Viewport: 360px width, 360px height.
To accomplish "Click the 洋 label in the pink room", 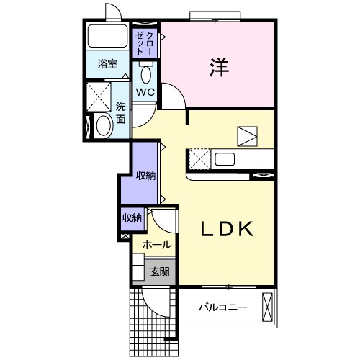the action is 219,67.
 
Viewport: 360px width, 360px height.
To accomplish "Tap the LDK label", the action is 227,229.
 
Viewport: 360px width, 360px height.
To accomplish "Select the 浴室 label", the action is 107,64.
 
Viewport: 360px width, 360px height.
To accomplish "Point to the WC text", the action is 145,91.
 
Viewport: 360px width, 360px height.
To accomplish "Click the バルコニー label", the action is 223,307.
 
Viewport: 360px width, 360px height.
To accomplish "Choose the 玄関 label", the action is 160,272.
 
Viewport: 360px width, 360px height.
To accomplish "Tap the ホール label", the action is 157,245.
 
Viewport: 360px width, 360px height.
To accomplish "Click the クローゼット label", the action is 144,43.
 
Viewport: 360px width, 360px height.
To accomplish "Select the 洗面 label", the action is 121,113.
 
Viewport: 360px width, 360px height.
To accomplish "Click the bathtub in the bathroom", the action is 107,36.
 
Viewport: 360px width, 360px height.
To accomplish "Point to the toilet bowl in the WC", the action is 145,75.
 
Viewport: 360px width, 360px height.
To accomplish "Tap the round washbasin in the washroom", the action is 104,126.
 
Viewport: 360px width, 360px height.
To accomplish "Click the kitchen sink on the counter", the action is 225,159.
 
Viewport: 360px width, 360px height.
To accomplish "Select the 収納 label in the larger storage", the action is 146,176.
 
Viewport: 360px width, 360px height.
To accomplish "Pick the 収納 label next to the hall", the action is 132,218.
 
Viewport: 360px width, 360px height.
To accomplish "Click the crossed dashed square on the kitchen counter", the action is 200,159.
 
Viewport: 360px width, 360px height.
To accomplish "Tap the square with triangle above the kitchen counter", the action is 247,136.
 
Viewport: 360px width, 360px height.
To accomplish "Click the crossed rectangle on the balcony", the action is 268,307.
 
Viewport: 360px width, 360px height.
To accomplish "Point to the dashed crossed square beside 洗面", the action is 99,97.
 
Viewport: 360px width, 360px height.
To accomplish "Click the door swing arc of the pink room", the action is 178,91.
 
